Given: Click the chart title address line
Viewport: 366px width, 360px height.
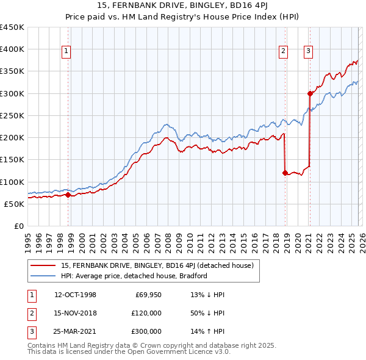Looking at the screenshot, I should (x=182, y=6).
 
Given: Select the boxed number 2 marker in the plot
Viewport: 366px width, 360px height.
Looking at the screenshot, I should (x=284, y=52).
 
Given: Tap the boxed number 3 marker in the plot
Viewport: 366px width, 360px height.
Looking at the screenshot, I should (x=309, y=52).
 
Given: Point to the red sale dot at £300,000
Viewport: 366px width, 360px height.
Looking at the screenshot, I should (x=310, y=93).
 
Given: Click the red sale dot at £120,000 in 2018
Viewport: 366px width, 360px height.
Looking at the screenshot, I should (x=285, y=173).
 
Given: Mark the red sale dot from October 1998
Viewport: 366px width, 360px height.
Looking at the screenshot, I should (x=68, y=195).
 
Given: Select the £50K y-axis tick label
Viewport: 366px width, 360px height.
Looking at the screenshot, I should (x=14, y=204).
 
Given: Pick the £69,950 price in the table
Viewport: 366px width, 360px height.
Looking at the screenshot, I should (x=148, y=295).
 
